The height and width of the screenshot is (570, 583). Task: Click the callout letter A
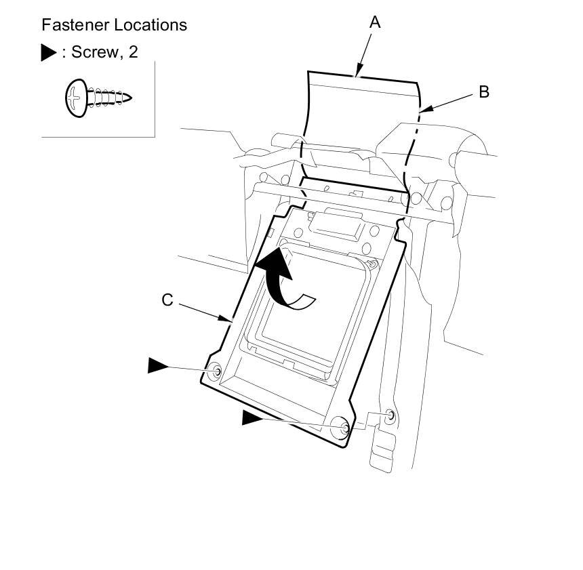375,22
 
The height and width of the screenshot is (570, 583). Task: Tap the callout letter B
484,92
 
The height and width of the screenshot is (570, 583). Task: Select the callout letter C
167,300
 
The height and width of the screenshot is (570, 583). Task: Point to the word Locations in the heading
150,25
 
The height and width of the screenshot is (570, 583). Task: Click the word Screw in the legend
94,52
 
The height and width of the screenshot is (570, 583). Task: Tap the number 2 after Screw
133,52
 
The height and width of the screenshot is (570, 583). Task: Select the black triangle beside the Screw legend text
48,53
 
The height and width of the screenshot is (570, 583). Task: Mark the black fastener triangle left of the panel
159,366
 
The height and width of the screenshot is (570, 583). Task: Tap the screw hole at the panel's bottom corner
344,427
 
